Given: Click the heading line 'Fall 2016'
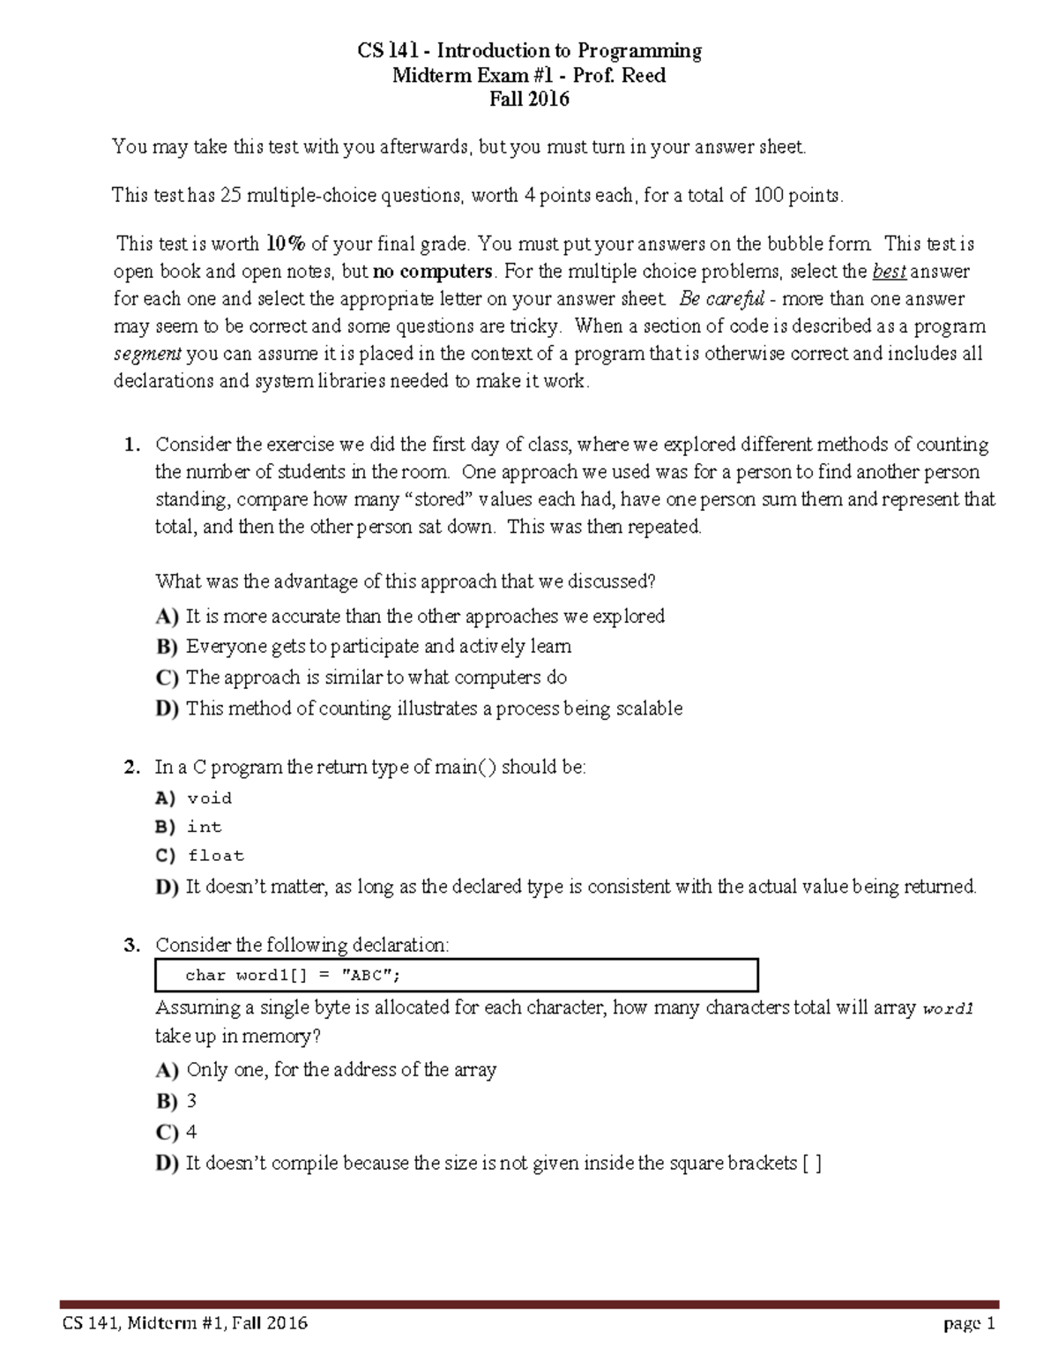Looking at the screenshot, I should coord(529,100).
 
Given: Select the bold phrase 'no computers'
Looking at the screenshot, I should coord(432,272).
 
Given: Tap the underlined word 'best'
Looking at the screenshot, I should coord(889,272).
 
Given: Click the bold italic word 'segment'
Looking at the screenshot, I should coord(147,354).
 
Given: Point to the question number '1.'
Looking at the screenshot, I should coord(132,445).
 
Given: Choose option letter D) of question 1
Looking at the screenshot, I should coord(167,709).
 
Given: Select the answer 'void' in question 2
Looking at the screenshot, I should coord(210,798).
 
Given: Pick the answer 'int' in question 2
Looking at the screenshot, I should coord(205,827).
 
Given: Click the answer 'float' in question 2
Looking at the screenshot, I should coord(216,856).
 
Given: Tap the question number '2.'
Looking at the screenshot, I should coord(132,767).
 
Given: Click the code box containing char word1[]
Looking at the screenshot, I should coord(456,976).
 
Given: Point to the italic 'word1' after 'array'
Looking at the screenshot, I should coord(947,1009).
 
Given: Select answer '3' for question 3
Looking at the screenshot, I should coord(192,1102).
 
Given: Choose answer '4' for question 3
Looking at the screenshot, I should coord(192,1133).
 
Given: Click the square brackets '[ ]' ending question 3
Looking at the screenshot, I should coord(812,1164).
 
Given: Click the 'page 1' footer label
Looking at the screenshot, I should coord(968,1323).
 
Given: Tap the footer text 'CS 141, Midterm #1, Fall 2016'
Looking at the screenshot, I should coord(184,1323).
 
